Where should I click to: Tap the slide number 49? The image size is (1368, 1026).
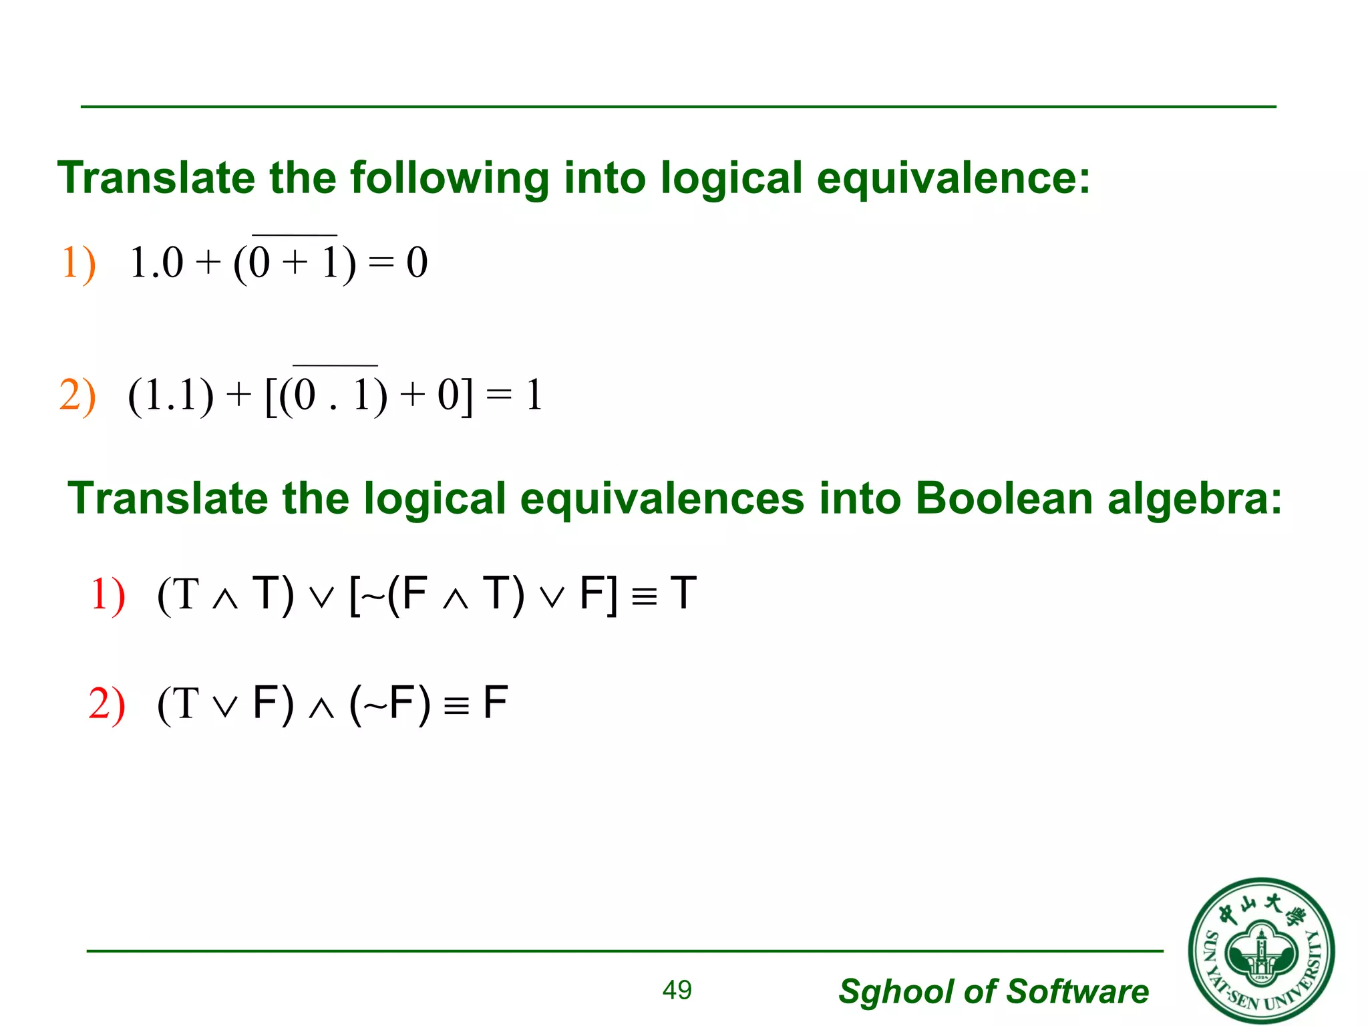(677, 990)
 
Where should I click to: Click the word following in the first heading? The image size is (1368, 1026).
(449, 179)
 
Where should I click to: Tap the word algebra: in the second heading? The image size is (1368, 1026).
(1195, 500)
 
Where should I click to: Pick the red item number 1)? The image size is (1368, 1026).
(108, 594)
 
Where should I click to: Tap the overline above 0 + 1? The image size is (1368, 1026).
(295, 235)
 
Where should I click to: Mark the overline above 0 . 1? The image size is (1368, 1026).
(335, 365)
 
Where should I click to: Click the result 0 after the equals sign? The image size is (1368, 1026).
(417, 263)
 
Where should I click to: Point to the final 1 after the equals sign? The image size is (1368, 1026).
(534, 395)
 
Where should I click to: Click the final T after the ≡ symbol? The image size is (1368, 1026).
(683, 593)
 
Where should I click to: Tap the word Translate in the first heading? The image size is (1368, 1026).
(156, 179)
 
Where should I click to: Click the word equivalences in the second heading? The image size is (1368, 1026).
(662, 499)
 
